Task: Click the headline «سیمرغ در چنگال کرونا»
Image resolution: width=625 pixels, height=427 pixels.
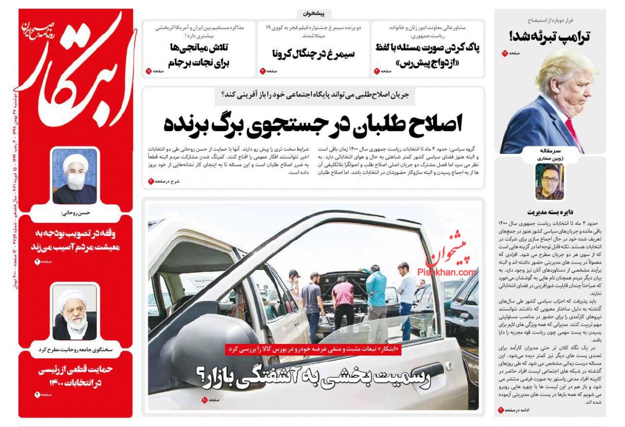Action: pos(313,53)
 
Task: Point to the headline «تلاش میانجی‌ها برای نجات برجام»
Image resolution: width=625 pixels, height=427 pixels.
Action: pos(198,55)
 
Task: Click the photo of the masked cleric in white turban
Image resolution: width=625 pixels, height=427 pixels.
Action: pos(74,176)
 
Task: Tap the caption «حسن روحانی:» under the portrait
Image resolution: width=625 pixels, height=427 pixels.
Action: pos(75,212)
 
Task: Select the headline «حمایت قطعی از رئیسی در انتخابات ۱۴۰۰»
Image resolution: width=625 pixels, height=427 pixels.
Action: pos(75,376)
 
